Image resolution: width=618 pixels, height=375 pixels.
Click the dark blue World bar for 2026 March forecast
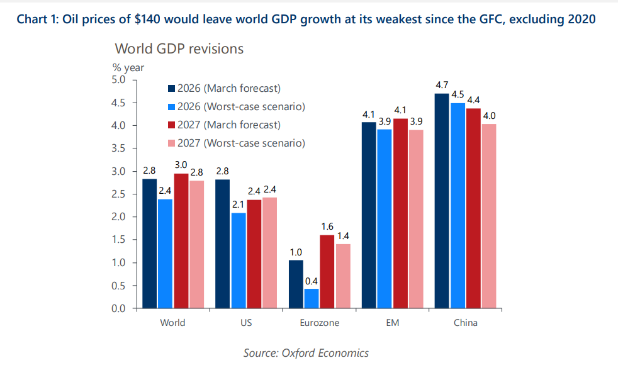[149, 243]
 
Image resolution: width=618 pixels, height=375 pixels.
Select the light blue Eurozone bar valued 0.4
[311, 298]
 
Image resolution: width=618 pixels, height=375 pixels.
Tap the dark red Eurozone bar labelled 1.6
[327, 271]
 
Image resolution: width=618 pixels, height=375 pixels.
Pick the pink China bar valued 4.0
[488, 216]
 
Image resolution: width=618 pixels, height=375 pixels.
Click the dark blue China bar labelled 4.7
[441, 201]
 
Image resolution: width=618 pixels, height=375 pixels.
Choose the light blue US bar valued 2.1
[239, 260]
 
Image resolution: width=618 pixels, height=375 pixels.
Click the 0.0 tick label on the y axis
[118, 308]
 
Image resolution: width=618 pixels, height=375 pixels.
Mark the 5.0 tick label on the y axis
[118, 80]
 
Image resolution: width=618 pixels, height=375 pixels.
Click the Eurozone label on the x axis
[318, 323]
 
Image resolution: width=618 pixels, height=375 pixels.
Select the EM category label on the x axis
[391, 323]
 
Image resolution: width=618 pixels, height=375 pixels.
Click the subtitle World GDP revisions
[179, 48]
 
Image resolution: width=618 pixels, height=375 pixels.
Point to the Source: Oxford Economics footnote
[306, 352]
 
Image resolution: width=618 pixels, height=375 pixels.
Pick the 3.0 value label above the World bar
[181, 165]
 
